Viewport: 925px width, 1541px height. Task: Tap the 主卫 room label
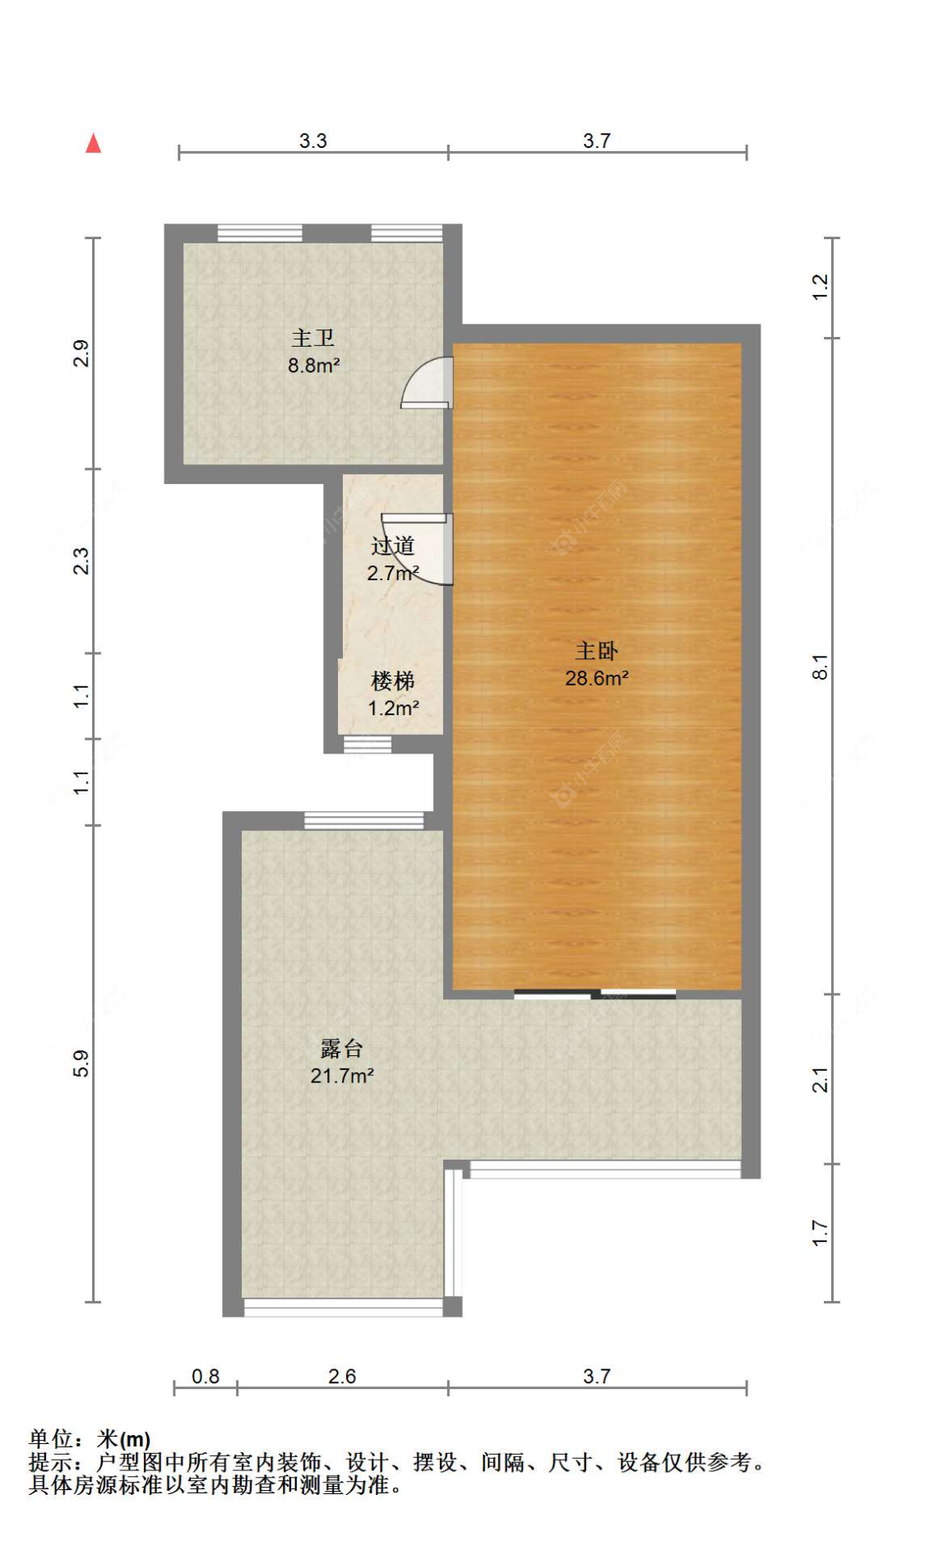312,338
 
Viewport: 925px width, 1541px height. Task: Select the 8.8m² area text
313,365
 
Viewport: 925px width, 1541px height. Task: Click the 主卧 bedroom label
596,651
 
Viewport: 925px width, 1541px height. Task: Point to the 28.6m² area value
596,678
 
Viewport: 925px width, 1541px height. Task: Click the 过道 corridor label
392,546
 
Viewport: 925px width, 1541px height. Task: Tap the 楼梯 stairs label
392,681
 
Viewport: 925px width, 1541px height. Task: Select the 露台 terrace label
341,1049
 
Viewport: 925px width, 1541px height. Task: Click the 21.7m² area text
341,1076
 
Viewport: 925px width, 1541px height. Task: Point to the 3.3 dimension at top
312,141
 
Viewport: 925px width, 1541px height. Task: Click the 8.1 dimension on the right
821,667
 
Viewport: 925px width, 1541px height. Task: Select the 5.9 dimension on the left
81,1063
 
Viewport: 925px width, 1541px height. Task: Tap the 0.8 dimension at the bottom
205,1376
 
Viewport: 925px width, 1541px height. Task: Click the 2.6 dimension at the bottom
341,1376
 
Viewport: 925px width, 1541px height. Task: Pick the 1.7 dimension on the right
821,1233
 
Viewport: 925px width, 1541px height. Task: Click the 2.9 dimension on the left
81,353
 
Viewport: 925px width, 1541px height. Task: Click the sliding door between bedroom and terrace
594,994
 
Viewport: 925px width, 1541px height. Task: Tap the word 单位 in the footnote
51,1439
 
